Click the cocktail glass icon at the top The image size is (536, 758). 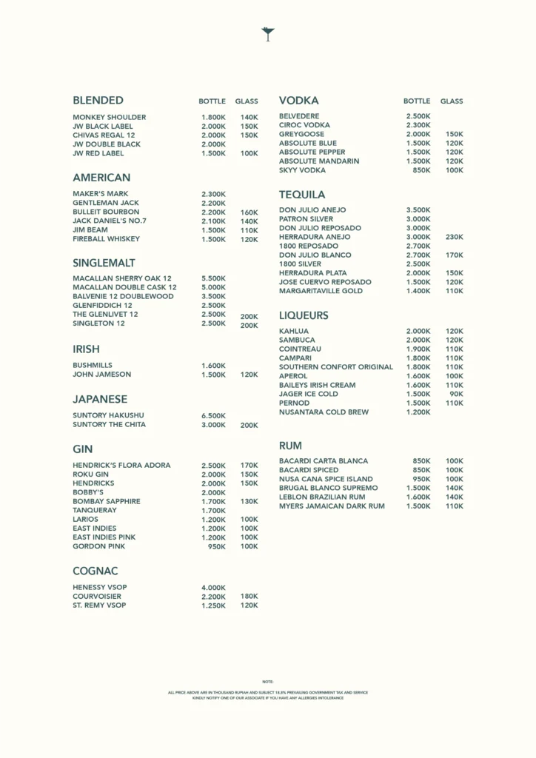(x=268, y=33)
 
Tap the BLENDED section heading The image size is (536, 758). (x=98, y=101)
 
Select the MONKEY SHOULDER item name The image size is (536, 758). (x=110, y=117)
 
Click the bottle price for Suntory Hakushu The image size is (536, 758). (x=213, y=416)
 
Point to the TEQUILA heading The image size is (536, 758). (x=302, y=195)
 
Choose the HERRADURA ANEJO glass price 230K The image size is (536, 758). (x=455, y=237)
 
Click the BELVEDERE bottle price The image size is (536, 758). (x=418, y=116)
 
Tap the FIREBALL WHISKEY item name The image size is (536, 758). (x=106, y=239)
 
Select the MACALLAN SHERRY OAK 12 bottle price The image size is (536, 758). (x=213, y=278)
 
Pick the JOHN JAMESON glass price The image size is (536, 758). (x=249, y=375)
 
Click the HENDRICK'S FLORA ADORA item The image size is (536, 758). (x=121, y=466)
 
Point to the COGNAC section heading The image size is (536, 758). (x=96, y=571)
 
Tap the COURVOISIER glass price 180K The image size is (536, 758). (x=249, y=597)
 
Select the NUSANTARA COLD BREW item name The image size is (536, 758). (x=324, y=412)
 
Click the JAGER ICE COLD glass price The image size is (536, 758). (x=456, y=395)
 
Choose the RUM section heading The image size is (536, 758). (x=290, y=446)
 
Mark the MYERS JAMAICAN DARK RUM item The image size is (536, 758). (x=332, y=506)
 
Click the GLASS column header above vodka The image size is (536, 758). (x=452, y=101)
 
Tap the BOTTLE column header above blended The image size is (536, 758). (x=212, y=101)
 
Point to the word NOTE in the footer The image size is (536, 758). (x=268, y=681)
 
